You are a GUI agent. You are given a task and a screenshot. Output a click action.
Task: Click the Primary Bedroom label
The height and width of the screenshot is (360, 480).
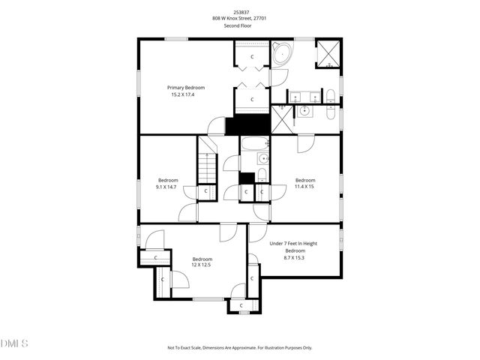(x=186, y=88)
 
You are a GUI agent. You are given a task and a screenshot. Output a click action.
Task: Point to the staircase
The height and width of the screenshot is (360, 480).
(x=206, y=167)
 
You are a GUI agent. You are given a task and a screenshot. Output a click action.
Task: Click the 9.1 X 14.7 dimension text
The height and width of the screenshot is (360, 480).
(x=168, y=187)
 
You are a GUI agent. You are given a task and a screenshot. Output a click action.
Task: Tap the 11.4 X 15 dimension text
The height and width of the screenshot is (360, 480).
(x=305, y=187)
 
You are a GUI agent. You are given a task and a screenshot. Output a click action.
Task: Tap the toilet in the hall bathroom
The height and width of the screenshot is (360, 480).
(x=261, y=175)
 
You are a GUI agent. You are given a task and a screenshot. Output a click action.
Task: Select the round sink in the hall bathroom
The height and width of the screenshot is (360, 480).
(x=262, y=158)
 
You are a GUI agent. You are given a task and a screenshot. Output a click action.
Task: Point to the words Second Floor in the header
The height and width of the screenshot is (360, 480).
(x=239, y=26)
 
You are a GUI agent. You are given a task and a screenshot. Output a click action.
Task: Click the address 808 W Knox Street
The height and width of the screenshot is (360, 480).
(x=239, y=19)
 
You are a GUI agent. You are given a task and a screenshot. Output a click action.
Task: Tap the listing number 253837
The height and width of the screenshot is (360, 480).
(x=239, y=12)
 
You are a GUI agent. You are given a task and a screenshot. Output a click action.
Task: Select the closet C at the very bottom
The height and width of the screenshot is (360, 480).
(x=241, y=306)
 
